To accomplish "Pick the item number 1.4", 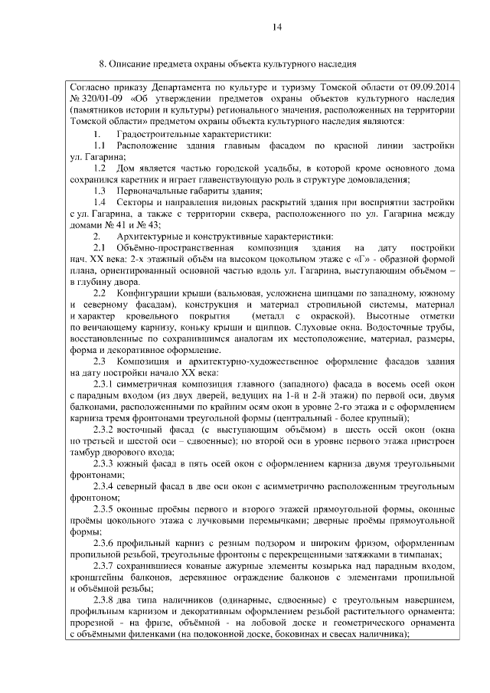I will (100, 201).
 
